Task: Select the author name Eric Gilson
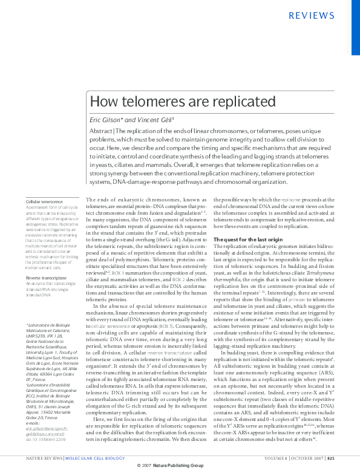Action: tap(105, 120)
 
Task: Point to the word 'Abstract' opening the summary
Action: tap(100, 131)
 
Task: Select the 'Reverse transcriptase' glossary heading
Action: tap(46, 278)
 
